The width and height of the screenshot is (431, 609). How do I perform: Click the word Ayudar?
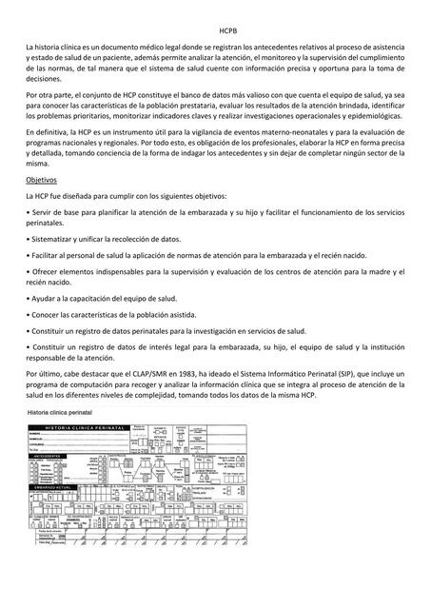click(x=49, y=298)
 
